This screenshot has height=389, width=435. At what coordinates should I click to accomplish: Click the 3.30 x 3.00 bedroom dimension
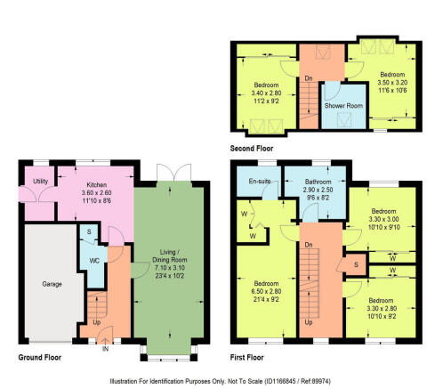(x=387, y=220)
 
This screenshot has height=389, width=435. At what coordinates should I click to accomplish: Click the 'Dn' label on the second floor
(x=309, y=77)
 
